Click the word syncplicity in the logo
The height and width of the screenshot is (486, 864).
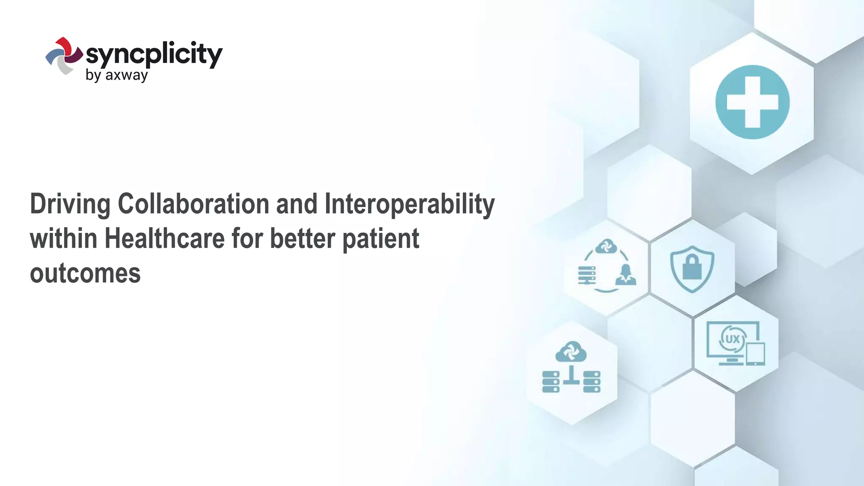click(154, 54)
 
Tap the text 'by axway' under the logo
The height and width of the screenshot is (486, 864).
click(116, 76)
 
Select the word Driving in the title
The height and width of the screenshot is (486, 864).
click(70, 204)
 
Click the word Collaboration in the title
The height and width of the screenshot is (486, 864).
click(193, 204)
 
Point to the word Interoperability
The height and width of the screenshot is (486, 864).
click(409, 204)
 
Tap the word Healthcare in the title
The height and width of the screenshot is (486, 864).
click(165, 239)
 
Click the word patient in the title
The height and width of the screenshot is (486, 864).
click(381, 239)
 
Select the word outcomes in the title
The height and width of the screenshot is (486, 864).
click(85, 273)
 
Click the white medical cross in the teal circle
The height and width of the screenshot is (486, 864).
click(752, 102)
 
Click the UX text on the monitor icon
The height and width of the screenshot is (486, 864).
click(732, 339)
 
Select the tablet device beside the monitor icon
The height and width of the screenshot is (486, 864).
click(755, 354)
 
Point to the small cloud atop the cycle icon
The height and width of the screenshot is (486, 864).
click(606, 246)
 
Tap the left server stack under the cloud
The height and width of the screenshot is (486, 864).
click(551, 382)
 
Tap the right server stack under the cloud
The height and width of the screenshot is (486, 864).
click(591, 382)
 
